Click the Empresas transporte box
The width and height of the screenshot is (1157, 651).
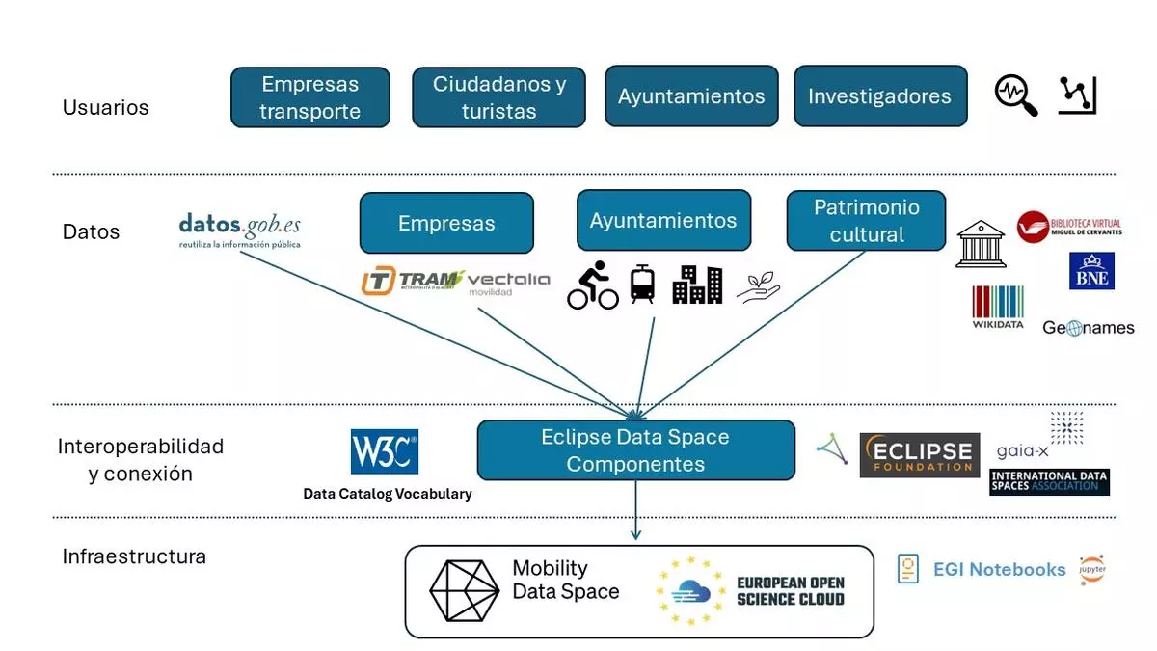coord(309,97)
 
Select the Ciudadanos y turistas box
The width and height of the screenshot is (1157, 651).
coord(498,97)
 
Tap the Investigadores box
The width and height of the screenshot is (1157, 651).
coord(879,96)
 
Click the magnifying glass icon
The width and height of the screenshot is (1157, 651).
coord(1015,95)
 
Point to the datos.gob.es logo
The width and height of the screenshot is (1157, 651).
coord(239,231)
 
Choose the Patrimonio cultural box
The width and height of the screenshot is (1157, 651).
coord(866,221)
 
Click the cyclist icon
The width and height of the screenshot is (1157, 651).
coord(592,285)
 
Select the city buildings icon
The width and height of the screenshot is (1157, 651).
coord(697,285)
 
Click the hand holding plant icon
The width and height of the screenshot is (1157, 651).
coord(759,286)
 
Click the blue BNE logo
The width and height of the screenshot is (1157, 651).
coord(1091,271)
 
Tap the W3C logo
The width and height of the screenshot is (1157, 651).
coord(384,451)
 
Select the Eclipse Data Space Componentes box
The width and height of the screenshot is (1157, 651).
coord(635,450)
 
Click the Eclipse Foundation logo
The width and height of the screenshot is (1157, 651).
coord(919,455)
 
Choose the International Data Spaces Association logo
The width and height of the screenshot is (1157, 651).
coord(1049,481)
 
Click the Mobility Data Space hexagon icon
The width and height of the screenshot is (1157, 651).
coord(464,590)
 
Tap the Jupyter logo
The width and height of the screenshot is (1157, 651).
coord(1092,569)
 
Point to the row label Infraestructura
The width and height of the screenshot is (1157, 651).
coord(134,556)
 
